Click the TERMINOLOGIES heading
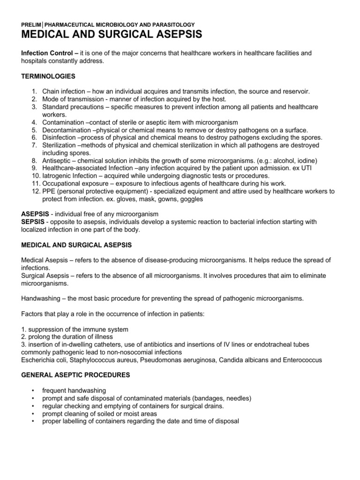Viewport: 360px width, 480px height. pyautogui.click(x=48, y=76)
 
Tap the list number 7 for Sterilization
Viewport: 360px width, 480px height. pyautogui.click(x=34, y=145)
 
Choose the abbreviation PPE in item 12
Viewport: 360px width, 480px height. pyautogui.click(x=49, y=191)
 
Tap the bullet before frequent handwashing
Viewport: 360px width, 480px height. pyautogui.click(x=32, y=390)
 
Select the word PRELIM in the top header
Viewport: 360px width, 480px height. pyautogui.click(x=31, y=24)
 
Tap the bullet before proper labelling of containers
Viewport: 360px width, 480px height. pyautogui.click(x=32, y=421)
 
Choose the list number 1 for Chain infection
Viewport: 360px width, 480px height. pyautogui.click(x=34, y=92)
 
